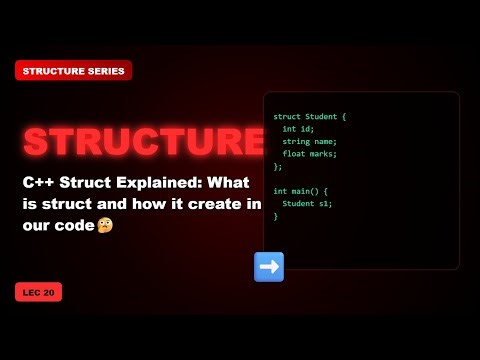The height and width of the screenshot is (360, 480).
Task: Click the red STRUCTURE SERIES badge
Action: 73,70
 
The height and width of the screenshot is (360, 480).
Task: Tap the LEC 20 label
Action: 38,293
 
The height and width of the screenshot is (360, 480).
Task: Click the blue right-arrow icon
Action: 269,266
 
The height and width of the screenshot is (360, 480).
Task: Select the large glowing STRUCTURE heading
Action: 144,142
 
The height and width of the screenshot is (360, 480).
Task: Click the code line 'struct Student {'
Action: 310,117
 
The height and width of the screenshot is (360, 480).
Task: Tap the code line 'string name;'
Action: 309,141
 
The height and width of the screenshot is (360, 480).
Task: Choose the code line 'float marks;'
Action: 309,153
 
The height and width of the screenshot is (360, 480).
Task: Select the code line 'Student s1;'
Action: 306,203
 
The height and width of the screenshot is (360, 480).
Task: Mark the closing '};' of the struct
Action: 278,166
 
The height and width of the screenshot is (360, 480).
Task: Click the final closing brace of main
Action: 276,215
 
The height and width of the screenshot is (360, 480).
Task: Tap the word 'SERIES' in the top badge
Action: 104,70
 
